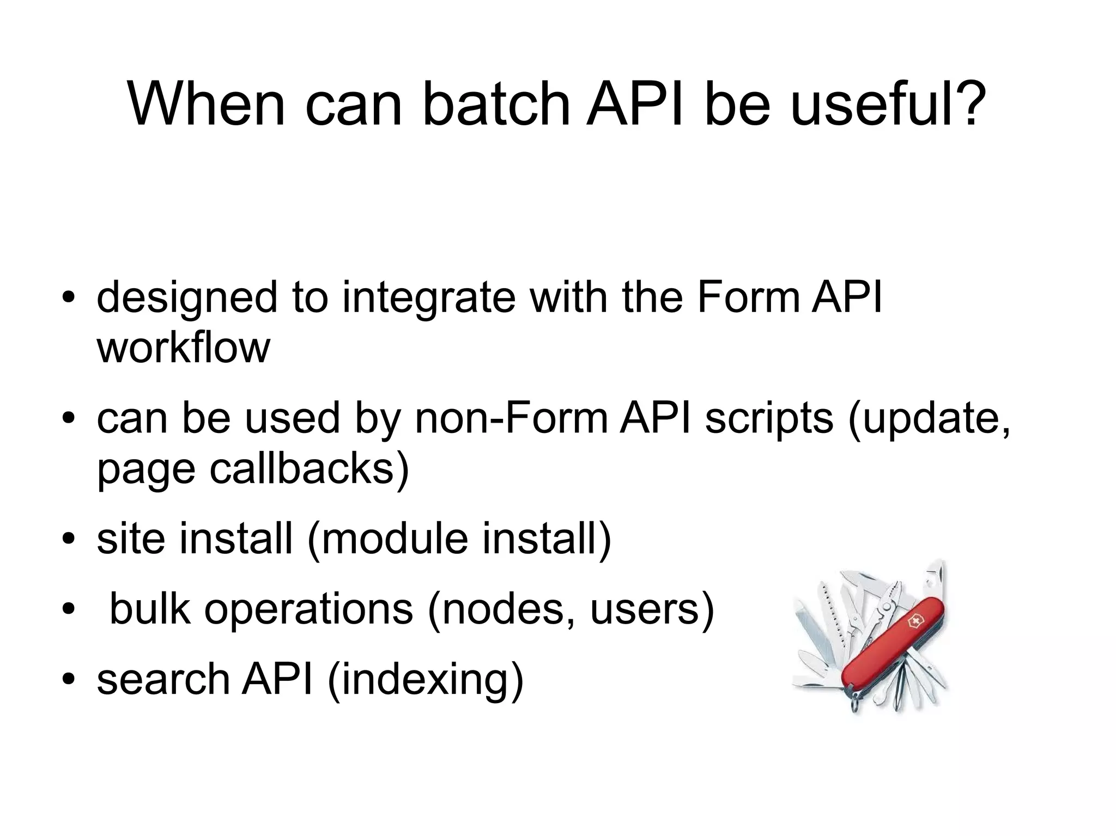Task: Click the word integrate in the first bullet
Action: tap(428, 299)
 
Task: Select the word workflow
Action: tap(184, 348)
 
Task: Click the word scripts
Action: tap(769, 419)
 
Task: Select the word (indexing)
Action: tap(425, 681)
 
